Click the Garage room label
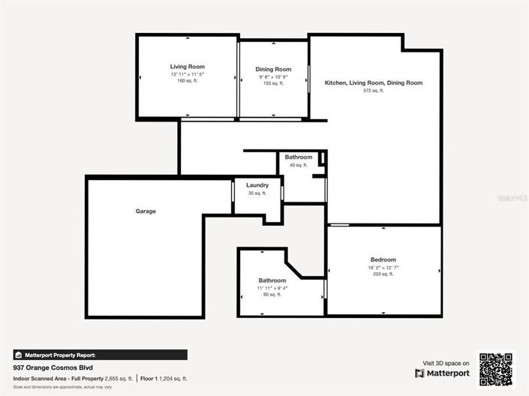[146, 211]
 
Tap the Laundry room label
[257, 185]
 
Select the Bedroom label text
[383, 259]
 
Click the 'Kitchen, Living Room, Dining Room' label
[373, 82]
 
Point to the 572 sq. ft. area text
[373, 90]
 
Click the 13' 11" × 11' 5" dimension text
[187, 73]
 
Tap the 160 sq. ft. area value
[187, 80]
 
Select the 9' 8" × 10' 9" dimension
[273, 76]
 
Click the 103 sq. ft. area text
[273, 83]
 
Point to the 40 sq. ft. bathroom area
[298, 165]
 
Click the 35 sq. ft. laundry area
[257, 193]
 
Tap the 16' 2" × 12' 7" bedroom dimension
[383, 267]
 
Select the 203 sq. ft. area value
[383, 274]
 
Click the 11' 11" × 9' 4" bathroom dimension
[272, 288]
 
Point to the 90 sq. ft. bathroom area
[272, 295]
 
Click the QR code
[496, 368]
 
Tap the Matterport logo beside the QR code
[443, 373]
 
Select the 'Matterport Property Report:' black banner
[100, 355]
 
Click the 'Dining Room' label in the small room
[273, 69]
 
